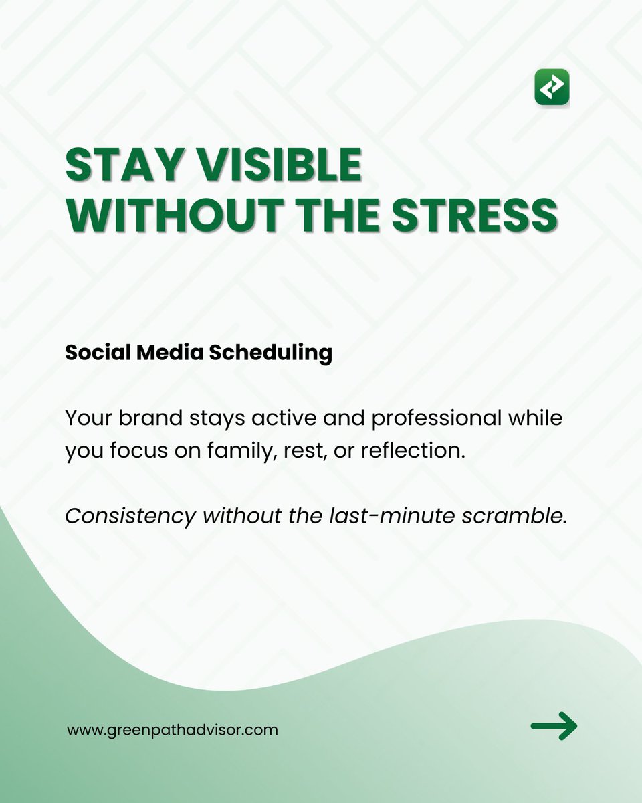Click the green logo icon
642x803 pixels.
click(x=552, y=87)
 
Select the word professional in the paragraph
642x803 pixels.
click(x=437, y=419)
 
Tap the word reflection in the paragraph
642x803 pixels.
click(x=413, y=450)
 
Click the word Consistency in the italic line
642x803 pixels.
click(x=130, y=516)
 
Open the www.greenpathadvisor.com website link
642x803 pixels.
click(x=173, y=729)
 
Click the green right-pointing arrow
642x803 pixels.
click(x=554, y=725)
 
